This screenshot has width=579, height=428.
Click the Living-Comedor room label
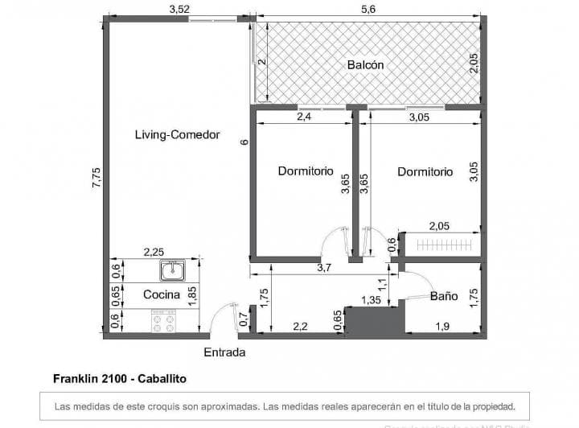(x=177, y=135)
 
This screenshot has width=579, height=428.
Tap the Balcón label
(x=365, y=65)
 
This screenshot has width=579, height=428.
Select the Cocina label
(x=161, y=295)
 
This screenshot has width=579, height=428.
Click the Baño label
(x=443, y=296)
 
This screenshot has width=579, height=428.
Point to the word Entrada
(x=224, y=352)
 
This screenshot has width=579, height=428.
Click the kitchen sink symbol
(x=172, y=270)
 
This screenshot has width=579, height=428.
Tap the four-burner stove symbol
(x=165, y=322)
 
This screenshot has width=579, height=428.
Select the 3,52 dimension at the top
(x=179, y=9)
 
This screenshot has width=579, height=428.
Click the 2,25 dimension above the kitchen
(x=154, y=252)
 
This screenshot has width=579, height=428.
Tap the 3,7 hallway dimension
(x=325, y=268)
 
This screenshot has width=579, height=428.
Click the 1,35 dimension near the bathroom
(x=371, y=301)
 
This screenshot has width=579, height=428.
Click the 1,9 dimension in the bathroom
(x=442, y=326)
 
